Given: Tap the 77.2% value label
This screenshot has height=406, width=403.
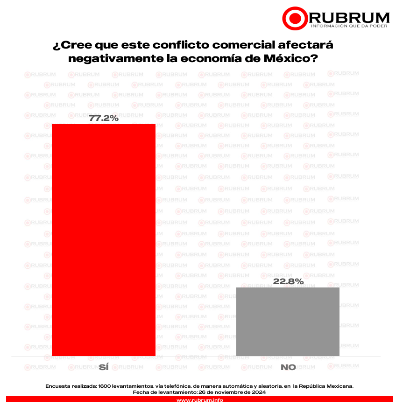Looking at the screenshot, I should point(104,119).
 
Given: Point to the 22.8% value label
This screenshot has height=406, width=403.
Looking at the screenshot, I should point(288,281).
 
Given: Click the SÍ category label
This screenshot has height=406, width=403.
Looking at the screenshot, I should point(104,367).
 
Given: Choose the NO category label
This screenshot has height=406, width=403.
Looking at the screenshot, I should point(288,367).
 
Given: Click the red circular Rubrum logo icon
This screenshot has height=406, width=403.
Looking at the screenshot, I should point(295,18).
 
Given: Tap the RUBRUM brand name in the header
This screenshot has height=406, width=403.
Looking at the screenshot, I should point(349,17).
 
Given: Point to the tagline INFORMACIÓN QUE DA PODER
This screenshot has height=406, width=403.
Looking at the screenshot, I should point(349,26).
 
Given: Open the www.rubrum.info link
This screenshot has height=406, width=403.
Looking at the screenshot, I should point(199,400).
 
